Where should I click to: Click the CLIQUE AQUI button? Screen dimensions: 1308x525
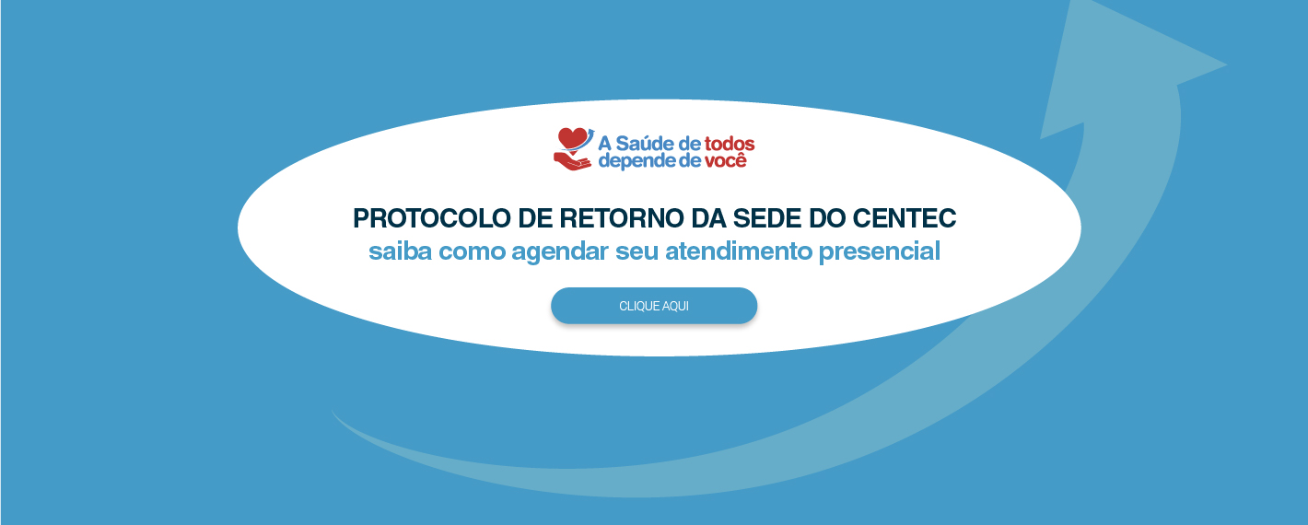click(654, 306)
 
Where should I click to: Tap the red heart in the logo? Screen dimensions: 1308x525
click(572, 139)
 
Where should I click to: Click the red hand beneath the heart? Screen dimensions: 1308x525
click(572, 161)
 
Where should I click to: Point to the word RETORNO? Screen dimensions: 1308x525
click(622, 218)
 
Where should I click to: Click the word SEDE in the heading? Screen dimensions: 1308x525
click(767, 218)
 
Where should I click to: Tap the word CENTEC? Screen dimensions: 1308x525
click(904, 218)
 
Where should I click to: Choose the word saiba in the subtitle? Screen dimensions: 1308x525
click(400, 251)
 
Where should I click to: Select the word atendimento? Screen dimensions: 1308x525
click(739, 251)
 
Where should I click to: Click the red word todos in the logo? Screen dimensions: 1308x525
click(730, 144)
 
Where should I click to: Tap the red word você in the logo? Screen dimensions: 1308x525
click(726, 160)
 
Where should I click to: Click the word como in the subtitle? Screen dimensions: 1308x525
click(472, 251)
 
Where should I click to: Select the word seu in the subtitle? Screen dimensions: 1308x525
click(637, 251)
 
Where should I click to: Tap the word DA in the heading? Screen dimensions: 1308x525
click(709, 218)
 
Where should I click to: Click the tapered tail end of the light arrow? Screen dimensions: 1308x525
click(333, 411)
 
